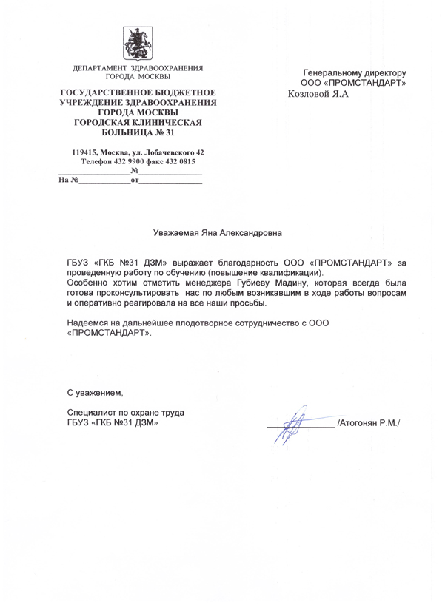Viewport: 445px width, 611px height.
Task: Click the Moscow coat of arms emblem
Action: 138,41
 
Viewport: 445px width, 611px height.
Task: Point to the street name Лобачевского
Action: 168,152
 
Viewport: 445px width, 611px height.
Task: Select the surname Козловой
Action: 311,95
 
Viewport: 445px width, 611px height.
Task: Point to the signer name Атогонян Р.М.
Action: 369,423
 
